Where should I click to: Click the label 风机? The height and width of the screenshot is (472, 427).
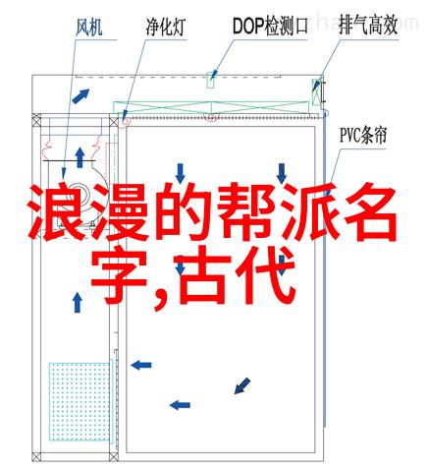click(x=89, y=28)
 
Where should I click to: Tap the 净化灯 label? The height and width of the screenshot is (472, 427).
click(x=166, y=27)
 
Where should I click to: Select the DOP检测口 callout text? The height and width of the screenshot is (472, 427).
click(x=270, y=26)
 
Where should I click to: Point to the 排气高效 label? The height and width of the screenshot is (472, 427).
click(x=368, y=26)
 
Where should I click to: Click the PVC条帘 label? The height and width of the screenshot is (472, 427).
click(x=363, y=136)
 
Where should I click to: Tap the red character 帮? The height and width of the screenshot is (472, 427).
click(x=248, y=211)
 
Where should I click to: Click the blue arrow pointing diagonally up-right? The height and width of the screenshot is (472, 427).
click(x=80, y=96)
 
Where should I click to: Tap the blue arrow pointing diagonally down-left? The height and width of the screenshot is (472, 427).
click(x=242, y=385)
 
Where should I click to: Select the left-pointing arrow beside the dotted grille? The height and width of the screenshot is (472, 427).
click(x=141, y=365)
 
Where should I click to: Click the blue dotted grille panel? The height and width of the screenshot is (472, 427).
click(x=80, y=401)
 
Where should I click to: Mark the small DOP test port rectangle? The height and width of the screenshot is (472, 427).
click(x=210, y=80)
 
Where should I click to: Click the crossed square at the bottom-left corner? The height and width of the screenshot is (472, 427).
click(x=36, y=456)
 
